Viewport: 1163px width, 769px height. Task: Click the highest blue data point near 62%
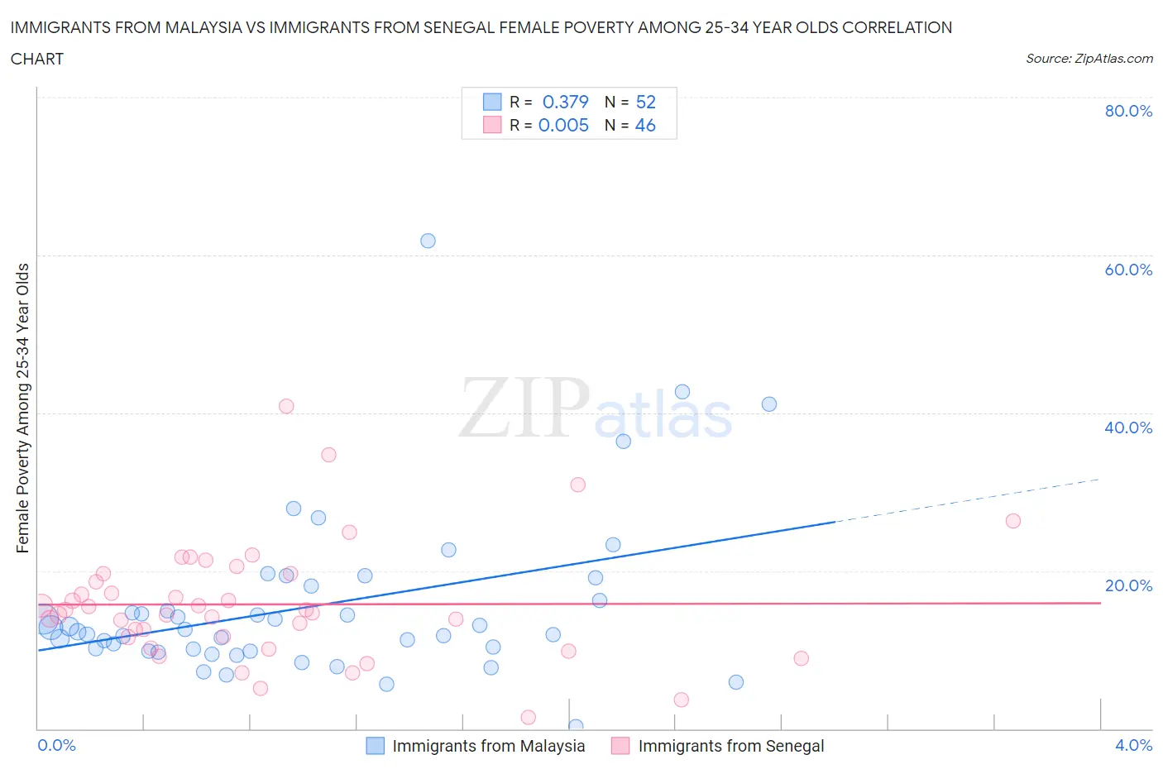[x=428, y=241]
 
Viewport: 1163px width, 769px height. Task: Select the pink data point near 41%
[x=286, y=406]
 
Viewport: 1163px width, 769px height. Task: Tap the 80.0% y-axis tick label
[x=1128, y=111]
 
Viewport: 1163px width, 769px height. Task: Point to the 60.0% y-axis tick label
[x=1128, y=270]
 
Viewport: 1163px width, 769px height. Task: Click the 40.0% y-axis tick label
[x=1128, y=427]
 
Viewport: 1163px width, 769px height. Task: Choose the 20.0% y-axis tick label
[x=1128, y=585]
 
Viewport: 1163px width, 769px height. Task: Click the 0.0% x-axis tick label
[x=56, y=745]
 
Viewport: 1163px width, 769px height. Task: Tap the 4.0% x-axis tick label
[x=1133, y=745]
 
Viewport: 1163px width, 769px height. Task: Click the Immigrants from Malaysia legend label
[x=488, y=746]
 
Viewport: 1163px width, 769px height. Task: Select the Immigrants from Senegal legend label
[x=731, y=746]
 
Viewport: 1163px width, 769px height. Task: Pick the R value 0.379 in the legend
[x=565, y=102]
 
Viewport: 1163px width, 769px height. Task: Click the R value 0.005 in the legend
[x=563, y=125]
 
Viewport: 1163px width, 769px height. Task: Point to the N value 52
[x=645, y=102]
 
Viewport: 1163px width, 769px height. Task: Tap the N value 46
[x=645, y=125]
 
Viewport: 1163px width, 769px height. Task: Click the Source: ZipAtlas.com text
[x=1089, y=59]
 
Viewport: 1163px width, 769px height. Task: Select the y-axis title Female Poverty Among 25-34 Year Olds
[x=23, y=408]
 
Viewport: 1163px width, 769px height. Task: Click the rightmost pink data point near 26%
[x=1012, y=521]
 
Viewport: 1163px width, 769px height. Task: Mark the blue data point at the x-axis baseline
[x=576, y=727]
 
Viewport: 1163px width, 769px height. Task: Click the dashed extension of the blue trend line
[x=968, y=500]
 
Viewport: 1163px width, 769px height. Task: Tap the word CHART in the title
[x=37, y=59]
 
